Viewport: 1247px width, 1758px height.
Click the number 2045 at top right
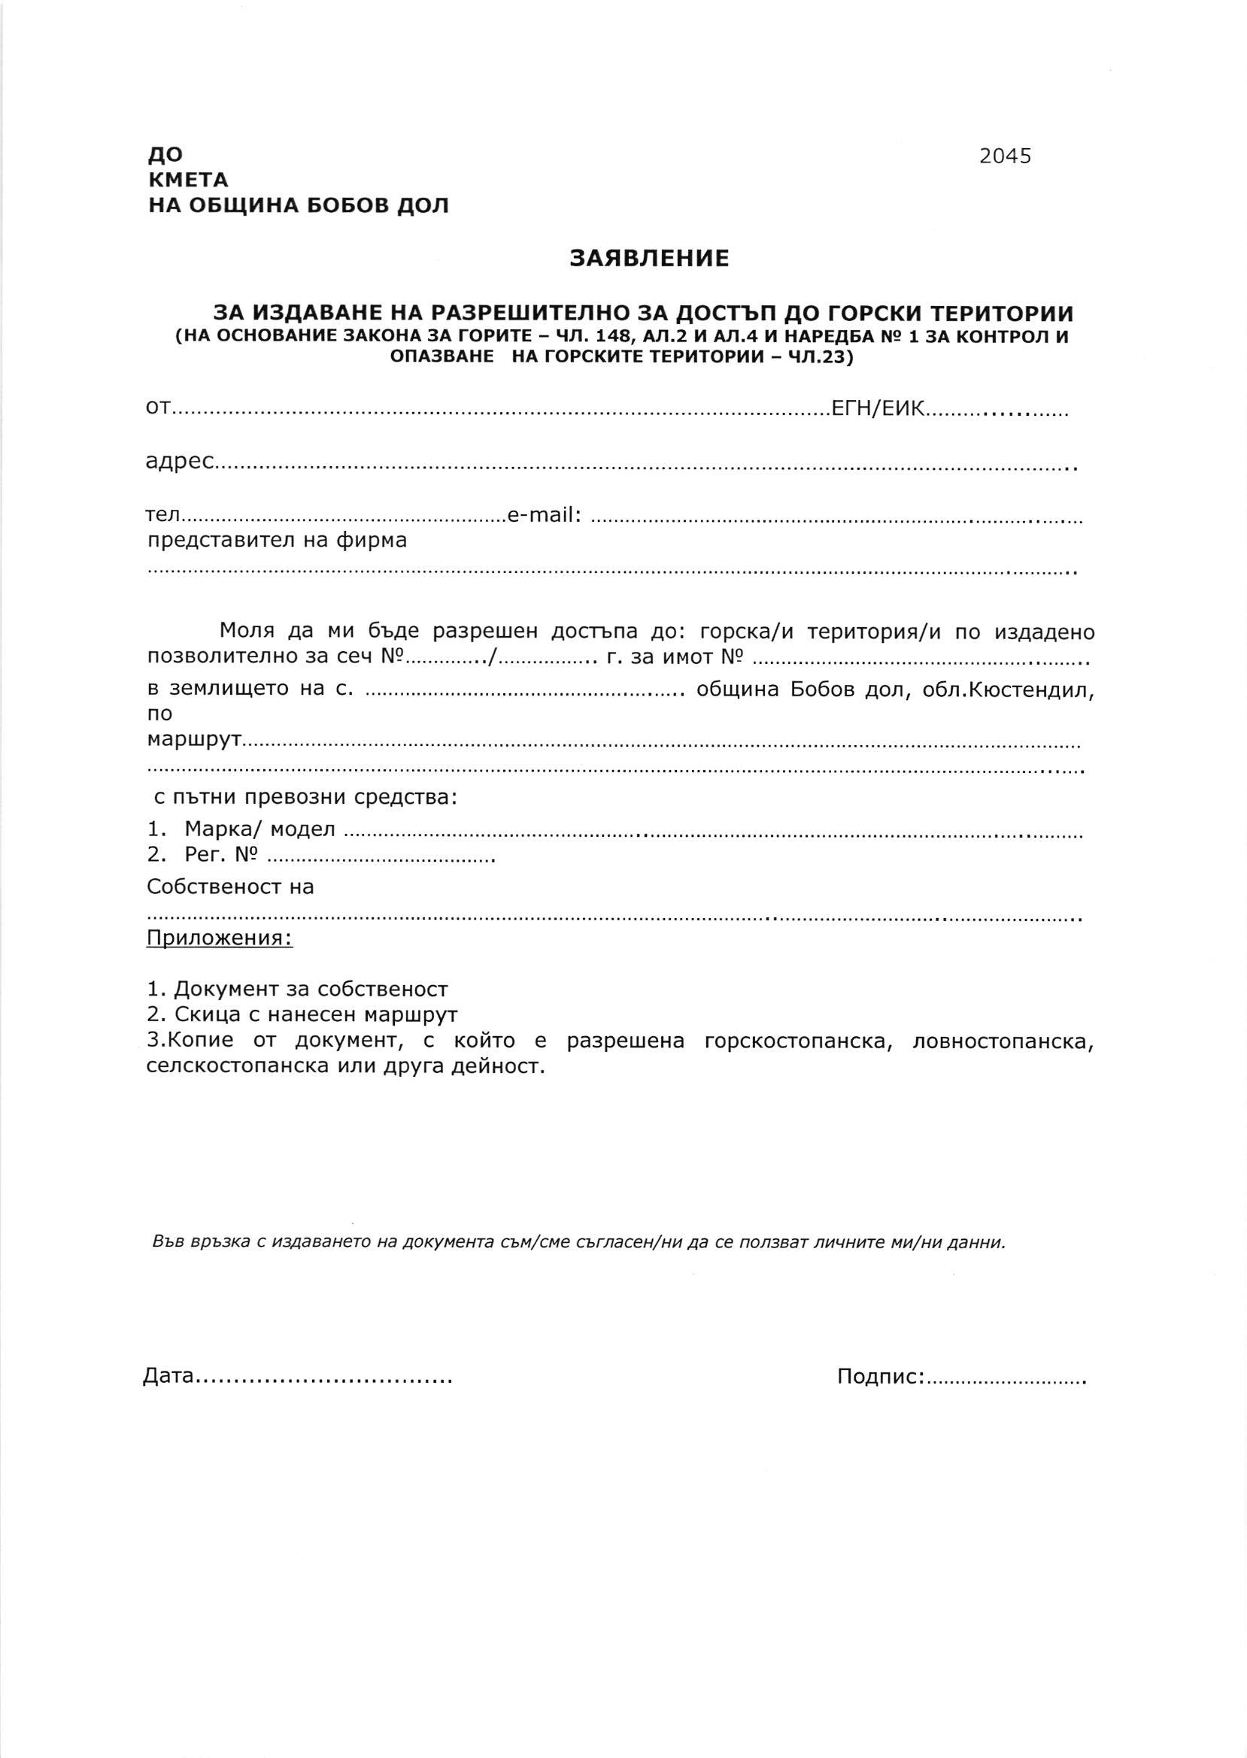click(1004, 156)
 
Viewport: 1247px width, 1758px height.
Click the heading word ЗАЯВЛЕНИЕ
click(649, 259)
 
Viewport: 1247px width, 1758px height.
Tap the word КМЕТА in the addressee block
click(188, 181)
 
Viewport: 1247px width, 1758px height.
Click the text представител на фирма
click(277, 541)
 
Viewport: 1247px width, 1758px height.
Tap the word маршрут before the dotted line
click(195, 741)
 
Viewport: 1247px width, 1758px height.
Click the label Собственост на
click(230, 887)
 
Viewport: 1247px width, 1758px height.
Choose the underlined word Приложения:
click(220, 938)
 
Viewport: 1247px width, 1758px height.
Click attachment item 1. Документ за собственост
click(297, 990)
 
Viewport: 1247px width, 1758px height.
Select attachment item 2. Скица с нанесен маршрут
click(302, 1015)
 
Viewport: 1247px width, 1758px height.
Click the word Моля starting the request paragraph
click(244, 632)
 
